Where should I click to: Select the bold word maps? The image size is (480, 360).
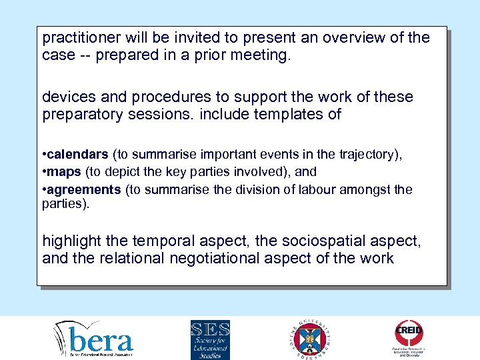tap(64, 172)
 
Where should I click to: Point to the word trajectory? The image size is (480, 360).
tap(368, 155)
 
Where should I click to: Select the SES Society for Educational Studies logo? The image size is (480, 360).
tap(210, 339)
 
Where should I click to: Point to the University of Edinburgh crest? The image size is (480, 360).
tap(309, 339)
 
